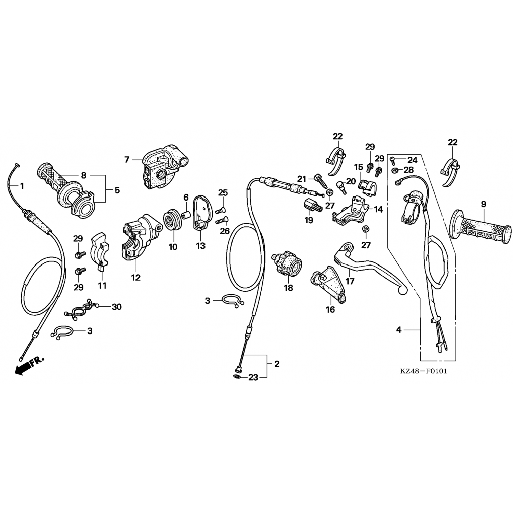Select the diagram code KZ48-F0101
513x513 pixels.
coord(423,371)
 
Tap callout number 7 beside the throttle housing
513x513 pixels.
coord(127,159)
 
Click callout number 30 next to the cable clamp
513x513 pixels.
coord(117,307)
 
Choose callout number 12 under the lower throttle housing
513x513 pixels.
coord(136,277)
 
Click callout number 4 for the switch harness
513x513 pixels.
coord(398,330)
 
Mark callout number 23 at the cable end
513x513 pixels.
coord(253,378)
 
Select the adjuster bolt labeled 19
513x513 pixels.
coord(312,206)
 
